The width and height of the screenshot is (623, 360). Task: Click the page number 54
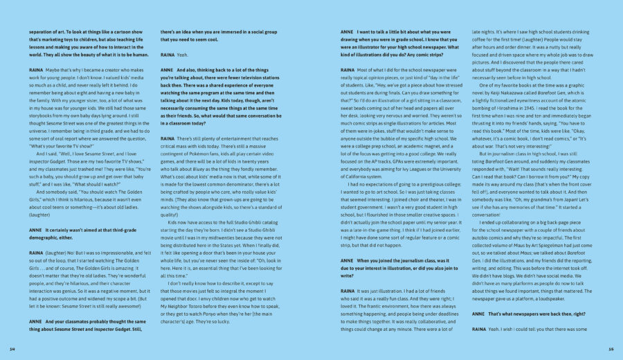point(12,349)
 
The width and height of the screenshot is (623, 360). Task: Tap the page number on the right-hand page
point(610,349)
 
